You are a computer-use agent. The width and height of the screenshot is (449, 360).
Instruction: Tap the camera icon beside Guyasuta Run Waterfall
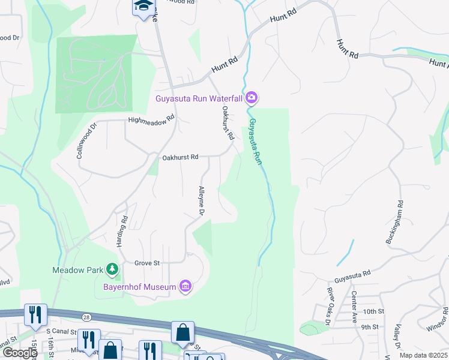(252, 97)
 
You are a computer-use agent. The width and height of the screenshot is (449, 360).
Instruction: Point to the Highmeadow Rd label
(151, 120)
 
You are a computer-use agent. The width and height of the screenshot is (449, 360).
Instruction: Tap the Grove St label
(146, 263)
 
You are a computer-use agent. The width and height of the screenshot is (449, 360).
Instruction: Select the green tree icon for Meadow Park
(111, 269)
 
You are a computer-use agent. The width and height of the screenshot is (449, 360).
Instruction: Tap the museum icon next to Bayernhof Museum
(186, 287)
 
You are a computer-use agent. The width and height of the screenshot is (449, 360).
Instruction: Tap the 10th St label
(372, 311)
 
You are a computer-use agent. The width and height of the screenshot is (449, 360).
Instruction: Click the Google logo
(19, 353)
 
